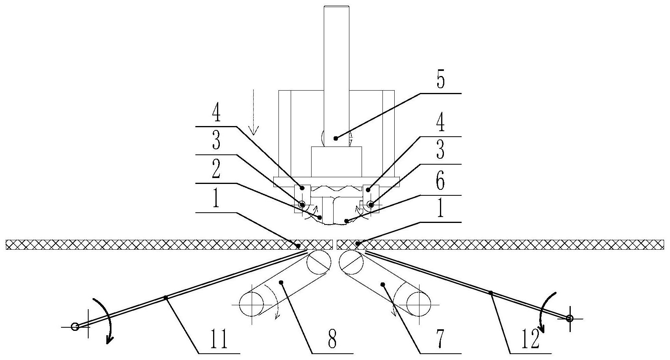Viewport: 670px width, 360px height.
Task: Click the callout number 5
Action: pyautogui.click(x=440, y=81)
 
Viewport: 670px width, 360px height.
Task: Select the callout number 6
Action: pyautogui.click(x=440, y=183)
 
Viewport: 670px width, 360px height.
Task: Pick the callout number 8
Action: pyautogui.click(x=332, y=340)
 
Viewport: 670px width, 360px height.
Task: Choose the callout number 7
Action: pyautogui.click(x=440, y=340)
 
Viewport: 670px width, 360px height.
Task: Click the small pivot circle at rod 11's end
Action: pyautogui.click(x=74, y=327)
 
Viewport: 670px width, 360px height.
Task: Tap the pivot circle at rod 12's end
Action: pyautogui.click(x=569, y=318)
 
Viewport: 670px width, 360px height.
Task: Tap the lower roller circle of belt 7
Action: pyautogui.click(x=419, y=304)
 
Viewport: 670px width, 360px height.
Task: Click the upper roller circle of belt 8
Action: pyautogui.click(x=319, y=262)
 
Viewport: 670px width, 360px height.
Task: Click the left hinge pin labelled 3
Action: pyautogui.click(x=302, y=204)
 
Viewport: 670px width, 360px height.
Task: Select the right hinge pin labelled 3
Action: pyautogui.click(x=371, y=204)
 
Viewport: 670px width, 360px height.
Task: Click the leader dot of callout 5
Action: pyautogui.click(x=336, y=138)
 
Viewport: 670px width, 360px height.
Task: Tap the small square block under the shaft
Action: pyautogui.click(x=336, y=161)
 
